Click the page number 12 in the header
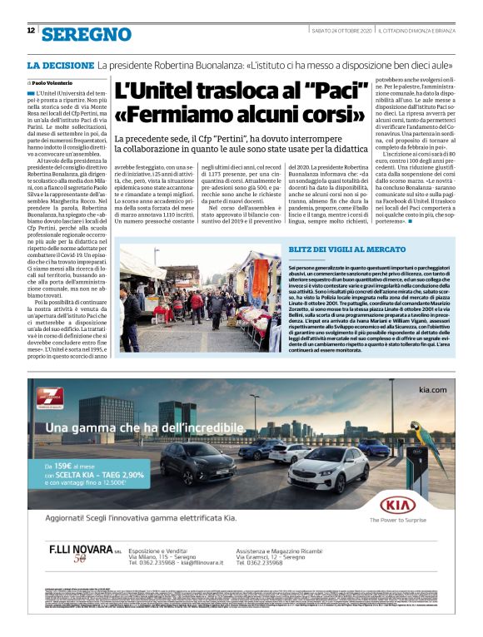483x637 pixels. pos(31,30)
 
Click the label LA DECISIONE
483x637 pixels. pos(59,64)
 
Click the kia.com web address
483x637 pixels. pos(436,390)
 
